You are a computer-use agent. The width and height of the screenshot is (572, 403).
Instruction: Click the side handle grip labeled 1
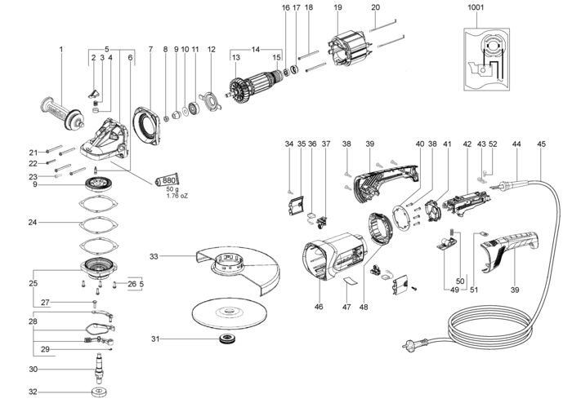point(62,113)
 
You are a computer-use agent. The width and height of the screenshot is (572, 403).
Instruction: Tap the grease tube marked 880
point(167,180)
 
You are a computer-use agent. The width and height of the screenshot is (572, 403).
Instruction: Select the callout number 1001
point(476,7)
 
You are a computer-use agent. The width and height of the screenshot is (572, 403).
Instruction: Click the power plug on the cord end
point(415,343)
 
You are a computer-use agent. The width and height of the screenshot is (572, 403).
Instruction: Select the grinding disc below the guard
point(230,314)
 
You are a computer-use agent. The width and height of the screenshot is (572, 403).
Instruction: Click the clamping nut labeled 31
point(228,339)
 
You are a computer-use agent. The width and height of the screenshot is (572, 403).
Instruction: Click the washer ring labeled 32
point(99,392)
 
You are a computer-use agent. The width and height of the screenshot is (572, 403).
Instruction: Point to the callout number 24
point(33,222)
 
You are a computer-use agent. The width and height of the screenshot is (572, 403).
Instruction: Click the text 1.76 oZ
point(177,196)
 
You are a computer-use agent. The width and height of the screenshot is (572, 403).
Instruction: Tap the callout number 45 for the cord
point(541,144)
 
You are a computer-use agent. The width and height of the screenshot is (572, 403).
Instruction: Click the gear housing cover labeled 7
point(147,126)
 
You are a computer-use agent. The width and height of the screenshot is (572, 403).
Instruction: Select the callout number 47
point(346,307)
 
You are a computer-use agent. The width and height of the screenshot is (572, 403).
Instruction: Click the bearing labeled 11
point(194,108)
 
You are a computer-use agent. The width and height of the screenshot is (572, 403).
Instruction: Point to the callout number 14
point(256,49)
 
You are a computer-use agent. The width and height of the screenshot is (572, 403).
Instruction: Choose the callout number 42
point(467,144)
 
